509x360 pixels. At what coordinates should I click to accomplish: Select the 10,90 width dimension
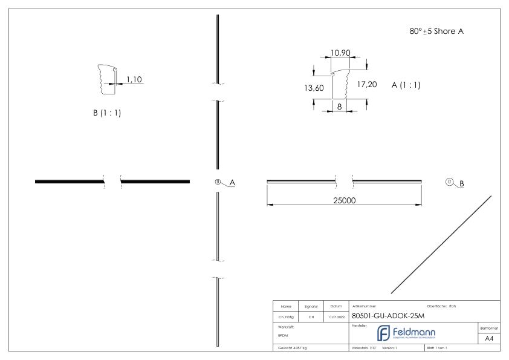[x=341, y=54]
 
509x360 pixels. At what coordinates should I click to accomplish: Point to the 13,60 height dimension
[x=314, y=88]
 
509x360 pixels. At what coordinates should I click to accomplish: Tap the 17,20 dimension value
[x=367, y=84]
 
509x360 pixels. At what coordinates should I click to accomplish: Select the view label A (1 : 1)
[x=406, y=85]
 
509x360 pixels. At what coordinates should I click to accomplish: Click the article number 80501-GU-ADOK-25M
[x=388, y=317]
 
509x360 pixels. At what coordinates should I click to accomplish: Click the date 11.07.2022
[x=335, y=316]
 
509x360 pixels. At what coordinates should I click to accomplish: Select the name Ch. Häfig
[x=285, y=316]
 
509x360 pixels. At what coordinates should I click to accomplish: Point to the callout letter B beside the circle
[x=462, y=183]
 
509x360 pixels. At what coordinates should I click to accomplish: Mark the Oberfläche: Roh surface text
[x=441, y=306]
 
